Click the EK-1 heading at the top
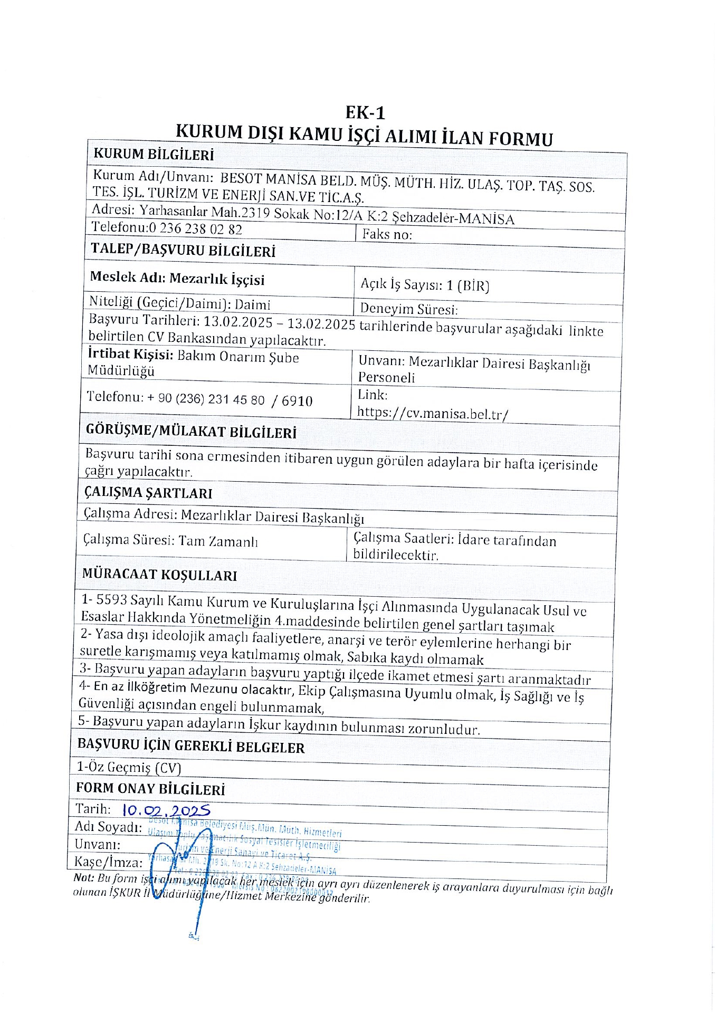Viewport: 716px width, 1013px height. click(x=365, y=112)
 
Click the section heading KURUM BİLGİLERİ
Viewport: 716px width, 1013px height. click(x=154, y=155)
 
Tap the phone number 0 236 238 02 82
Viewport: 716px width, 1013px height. click(x=196, y=228)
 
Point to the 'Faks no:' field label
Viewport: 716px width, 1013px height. click(x=387, y=234)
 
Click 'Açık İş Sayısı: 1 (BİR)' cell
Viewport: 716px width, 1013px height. click(x=425, y=285)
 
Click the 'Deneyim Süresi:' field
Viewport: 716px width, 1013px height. click(x=408, y=309)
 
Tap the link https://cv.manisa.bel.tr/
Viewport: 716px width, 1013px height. click(x=433, y=413)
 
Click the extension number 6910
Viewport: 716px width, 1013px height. click(x=297, y=401)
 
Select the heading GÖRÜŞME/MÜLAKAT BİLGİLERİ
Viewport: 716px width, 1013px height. click(x=191, y=431)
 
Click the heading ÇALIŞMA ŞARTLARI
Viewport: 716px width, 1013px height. click(x=148, y=493)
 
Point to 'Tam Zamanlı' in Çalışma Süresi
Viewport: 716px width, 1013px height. click(x=218, y=541)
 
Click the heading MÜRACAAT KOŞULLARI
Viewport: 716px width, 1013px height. click(x=159, y=575)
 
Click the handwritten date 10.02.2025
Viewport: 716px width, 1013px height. click(x=166, y=810)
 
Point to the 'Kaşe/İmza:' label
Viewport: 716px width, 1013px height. click(x=108, y=862)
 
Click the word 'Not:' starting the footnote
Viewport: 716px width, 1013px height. click(x=83, y=877)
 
